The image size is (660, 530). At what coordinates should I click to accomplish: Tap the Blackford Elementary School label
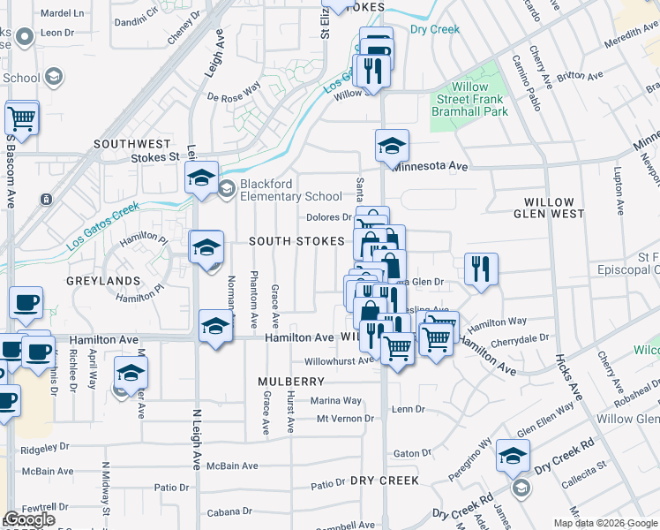tap(291, 196)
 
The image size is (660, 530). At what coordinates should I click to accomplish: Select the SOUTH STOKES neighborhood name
tap(296, 241)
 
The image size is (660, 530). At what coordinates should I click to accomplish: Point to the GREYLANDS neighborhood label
tap(102, 281)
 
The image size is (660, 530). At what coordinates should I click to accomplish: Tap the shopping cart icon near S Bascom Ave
tap(22, 117)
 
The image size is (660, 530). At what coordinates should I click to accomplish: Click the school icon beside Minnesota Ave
tap(392, 146)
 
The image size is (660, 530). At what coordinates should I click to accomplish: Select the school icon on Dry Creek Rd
tap(512, 456)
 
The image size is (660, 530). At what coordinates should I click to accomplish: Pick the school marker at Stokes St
tap(201, 179)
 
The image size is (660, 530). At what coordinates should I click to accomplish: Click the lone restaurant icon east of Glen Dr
tap(481, 269)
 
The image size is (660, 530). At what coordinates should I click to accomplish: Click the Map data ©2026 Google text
tap(605, 523)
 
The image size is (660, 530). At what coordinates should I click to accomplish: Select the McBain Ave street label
tap(232, 466)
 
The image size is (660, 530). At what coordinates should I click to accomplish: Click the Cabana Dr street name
tap(229, 511)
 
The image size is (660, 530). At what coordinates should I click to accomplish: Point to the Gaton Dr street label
tap(411, 453)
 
